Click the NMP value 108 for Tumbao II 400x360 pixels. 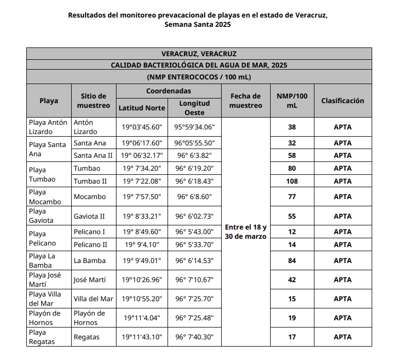tap(292, 181)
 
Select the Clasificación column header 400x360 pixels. tap(342, 101)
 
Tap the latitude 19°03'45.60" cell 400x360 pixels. tap(142, 127)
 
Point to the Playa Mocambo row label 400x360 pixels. tap(45, 197)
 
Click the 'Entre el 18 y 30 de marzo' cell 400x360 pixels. tap(246, 232)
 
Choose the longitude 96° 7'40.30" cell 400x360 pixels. tap(194, 337)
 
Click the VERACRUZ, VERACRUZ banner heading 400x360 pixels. tap(199, 54)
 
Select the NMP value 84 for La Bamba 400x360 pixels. tap(292, 260)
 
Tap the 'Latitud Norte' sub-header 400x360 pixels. tap(142, 108)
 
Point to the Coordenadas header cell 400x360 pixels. tap(169, 91)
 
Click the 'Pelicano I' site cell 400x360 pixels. tap(89, 232)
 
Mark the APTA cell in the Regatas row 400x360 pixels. tap(342, 337)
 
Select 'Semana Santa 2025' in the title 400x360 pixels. tap(198, 24)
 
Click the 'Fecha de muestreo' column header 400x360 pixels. tap(246, 101)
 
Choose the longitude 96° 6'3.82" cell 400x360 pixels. tap(194, 155)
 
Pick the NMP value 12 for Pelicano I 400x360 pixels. tap(292, 232)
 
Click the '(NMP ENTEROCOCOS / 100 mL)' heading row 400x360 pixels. tap(199, 77)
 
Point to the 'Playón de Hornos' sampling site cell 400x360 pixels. tap(89, 318)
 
